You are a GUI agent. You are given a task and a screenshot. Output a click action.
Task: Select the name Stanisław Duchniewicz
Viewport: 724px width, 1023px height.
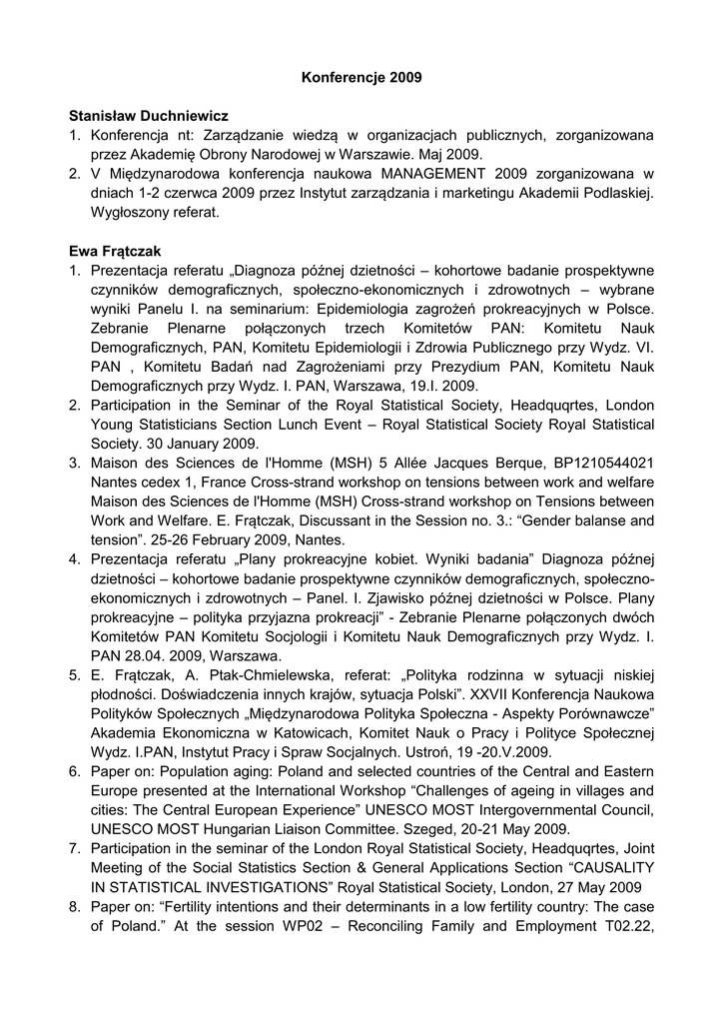(x=148, y=116)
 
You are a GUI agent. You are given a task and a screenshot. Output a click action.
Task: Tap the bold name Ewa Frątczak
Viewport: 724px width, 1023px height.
(x=116, y=251)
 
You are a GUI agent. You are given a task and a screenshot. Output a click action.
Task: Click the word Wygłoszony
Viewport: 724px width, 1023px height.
(x=129, y=213)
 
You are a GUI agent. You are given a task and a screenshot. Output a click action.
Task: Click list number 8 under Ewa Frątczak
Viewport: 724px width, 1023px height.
(x=75, y=906)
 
